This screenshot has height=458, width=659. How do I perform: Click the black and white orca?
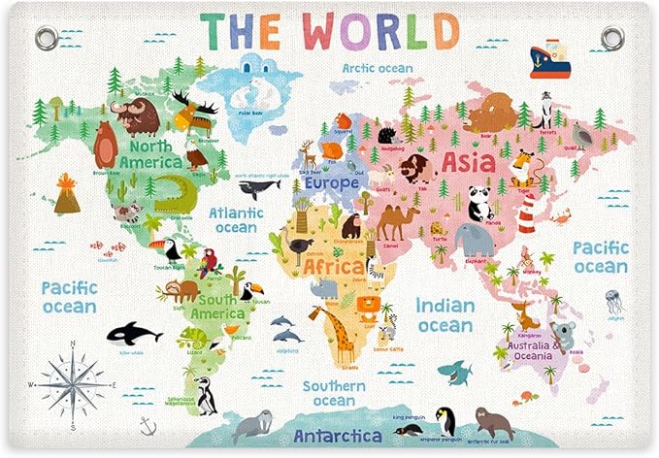pyautogui.click(x=132, y=334)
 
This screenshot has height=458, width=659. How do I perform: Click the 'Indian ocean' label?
pyautogui.click(x=445, y=314)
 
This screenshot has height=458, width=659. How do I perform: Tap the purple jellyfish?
pyautogui.click(x=613, y=300)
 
